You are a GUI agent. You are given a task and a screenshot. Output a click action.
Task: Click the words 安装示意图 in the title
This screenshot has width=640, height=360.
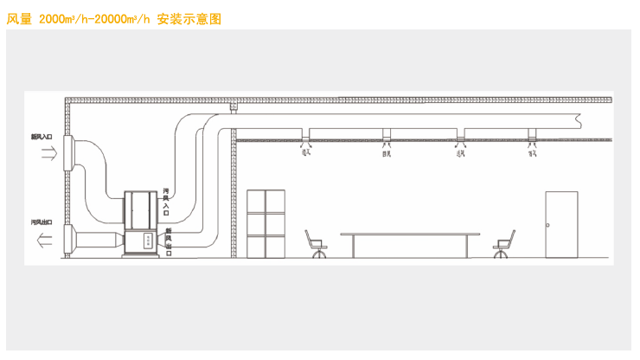coord(189,17)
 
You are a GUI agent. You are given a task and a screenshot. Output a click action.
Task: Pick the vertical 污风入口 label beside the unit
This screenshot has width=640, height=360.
coord(165,202)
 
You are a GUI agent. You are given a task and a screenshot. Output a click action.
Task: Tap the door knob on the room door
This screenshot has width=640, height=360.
coord(548,223)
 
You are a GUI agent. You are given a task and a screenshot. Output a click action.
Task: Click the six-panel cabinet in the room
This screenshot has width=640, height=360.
coord(266,222)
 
